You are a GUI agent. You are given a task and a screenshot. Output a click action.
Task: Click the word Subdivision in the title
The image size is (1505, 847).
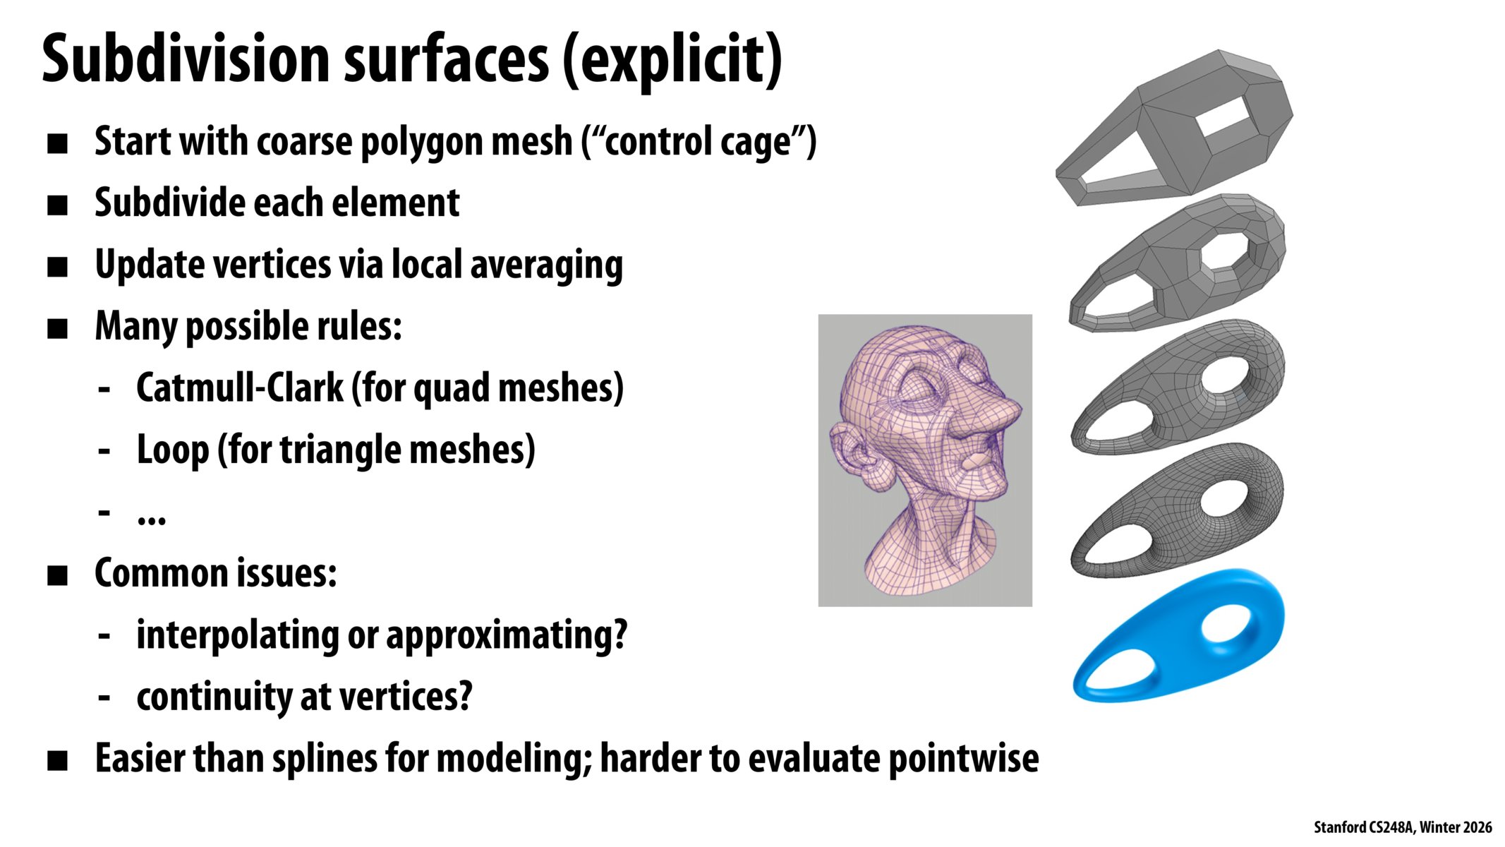(186, 59)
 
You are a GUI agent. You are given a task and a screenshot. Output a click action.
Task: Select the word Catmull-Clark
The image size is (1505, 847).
(239, 388)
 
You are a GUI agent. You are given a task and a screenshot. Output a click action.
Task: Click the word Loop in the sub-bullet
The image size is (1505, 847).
(172, 450)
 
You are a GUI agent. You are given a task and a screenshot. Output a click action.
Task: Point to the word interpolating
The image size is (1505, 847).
(236, 635)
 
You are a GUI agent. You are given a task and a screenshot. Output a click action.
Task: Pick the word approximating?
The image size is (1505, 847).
(506, 635)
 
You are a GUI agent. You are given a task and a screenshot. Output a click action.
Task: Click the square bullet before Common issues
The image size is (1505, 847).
(57, 575)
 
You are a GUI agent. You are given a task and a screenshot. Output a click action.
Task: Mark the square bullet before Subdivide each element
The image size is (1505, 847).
(57, 205)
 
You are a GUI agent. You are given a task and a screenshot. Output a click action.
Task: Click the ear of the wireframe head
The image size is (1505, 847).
(854, 452)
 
